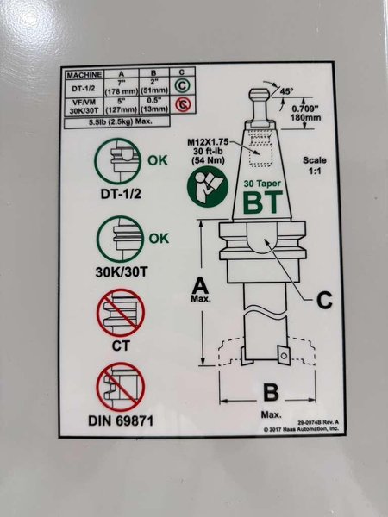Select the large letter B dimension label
271,393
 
